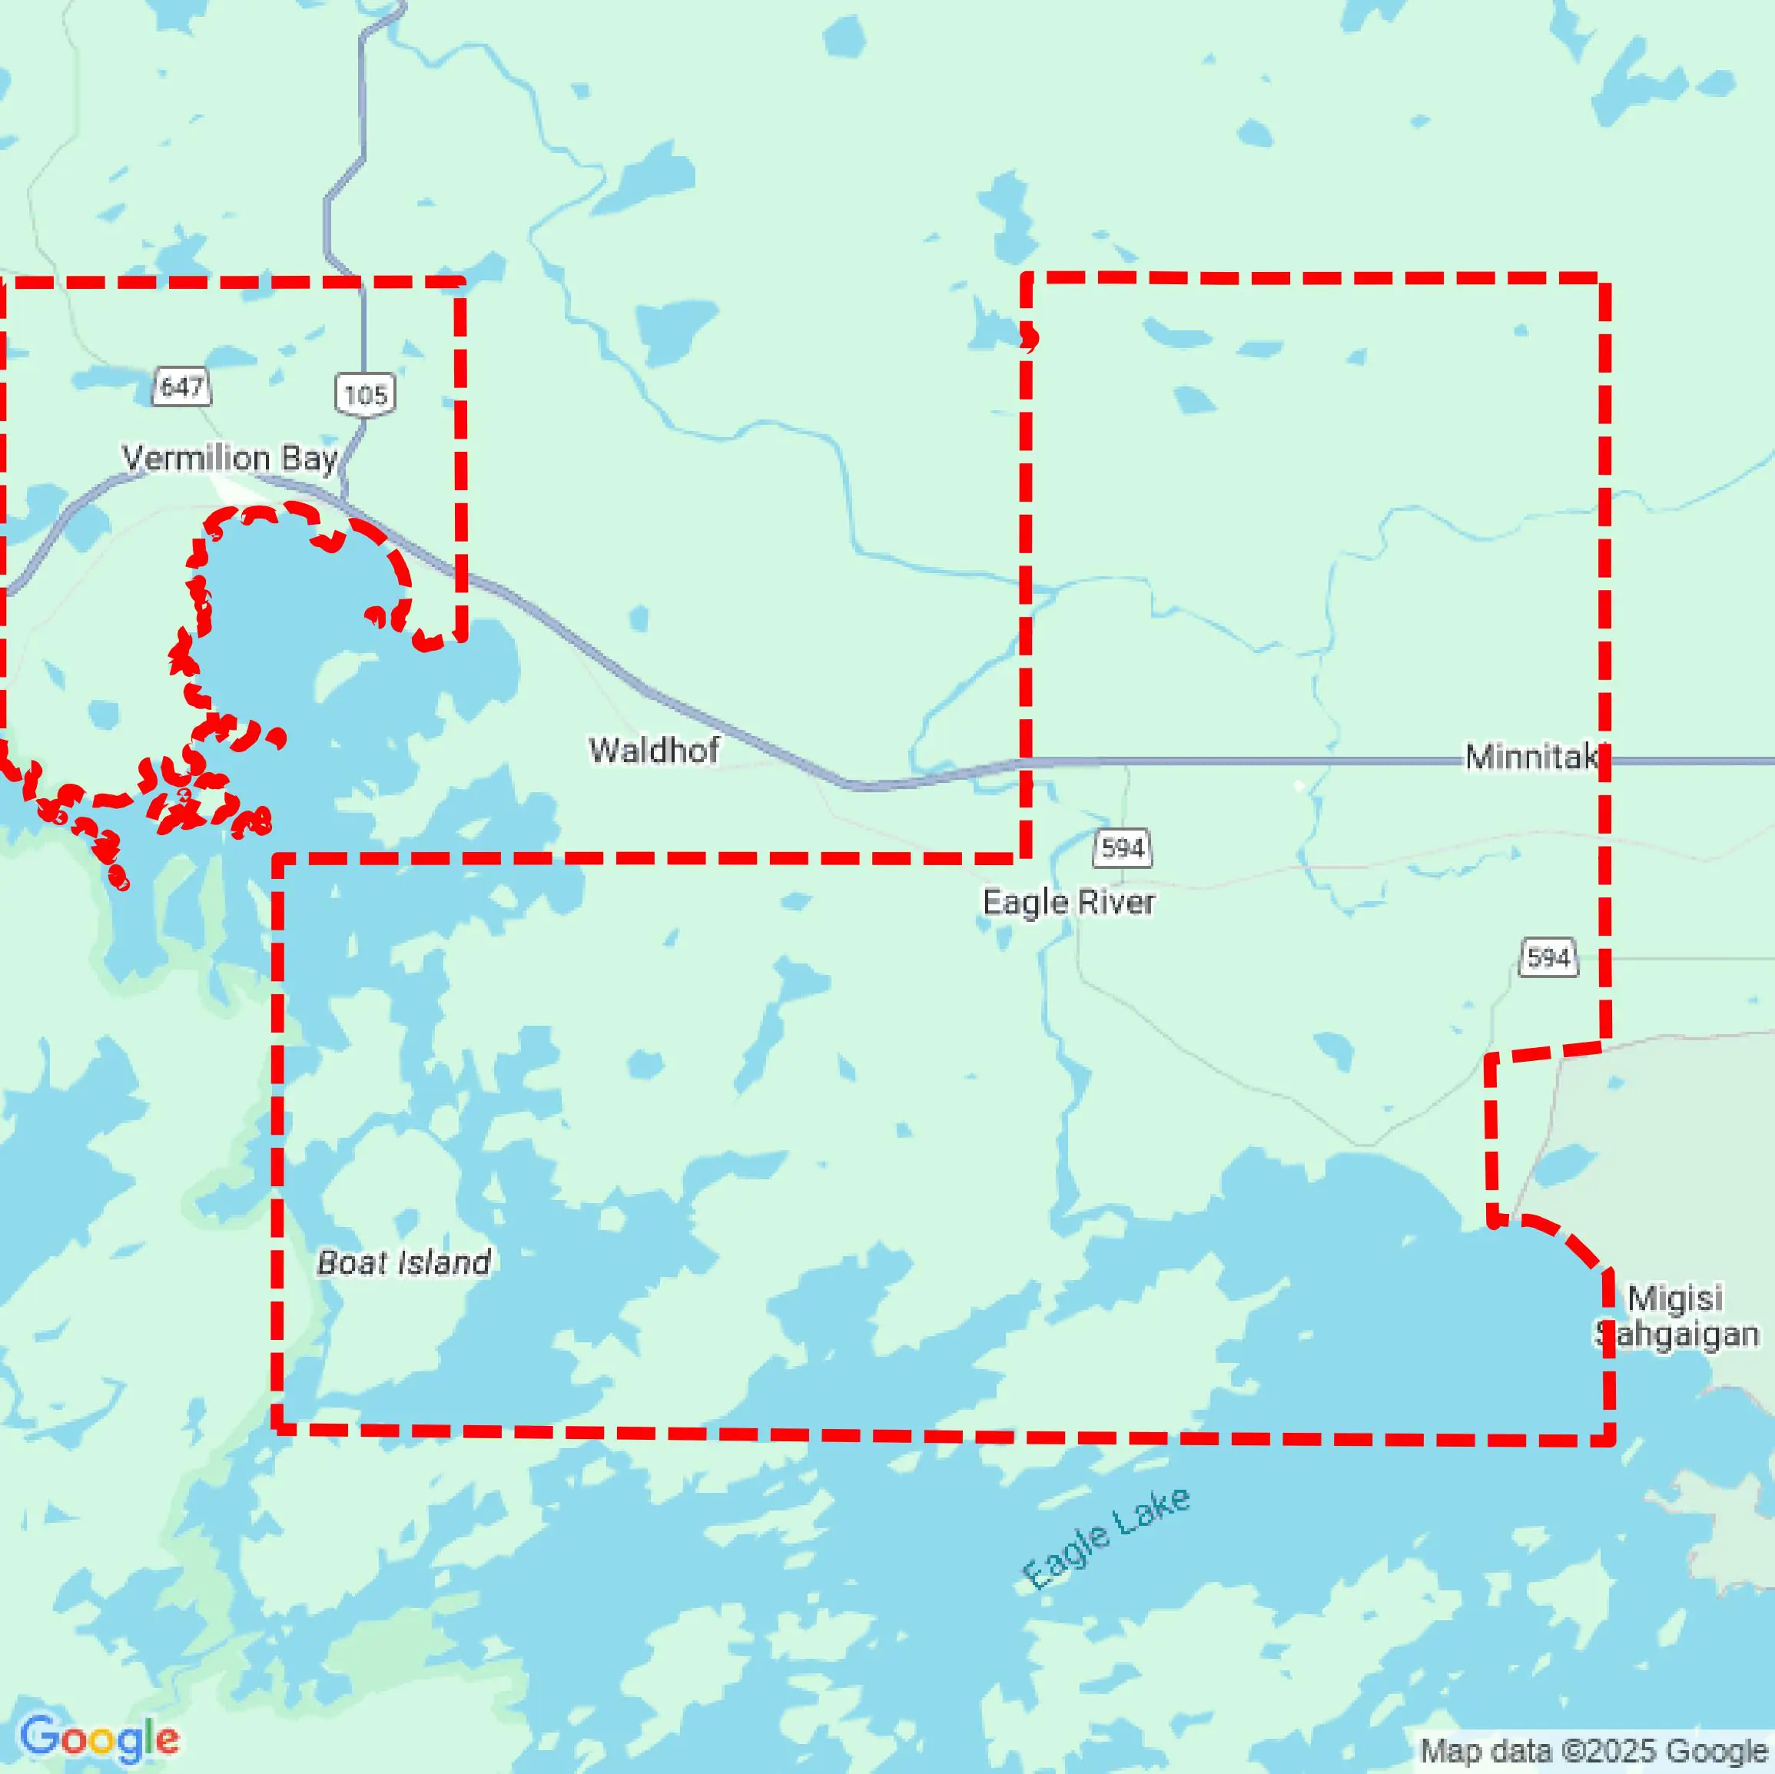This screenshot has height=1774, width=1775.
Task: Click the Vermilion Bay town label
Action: pos(230,457)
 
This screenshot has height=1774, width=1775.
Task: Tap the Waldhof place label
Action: pos(653,751)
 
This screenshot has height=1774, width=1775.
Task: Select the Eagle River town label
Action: pos(1069,902)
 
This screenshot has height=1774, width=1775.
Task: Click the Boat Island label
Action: pos(403,1262)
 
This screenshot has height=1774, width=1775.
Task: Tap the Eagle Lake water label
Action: pos(1106,1538)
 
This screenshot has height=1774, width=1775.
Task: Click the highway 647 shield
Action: pos(181,386)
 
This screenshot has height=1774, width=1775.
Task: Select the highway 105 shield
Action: pos(365,395)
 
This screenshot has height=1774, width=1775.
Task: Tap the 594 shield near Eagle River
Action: pos(1122,847)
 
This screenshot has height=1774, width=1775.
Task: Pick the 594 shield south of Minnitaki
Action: pos(1548,957)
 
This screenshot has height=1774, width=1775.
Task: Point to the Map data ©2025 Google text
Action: pos(1594,1751)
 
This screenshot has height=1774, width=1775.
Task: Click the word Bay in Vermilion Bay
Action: pos(309,457)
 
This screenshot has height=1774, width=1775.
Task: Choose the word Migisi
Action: pos(1676,1298)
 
